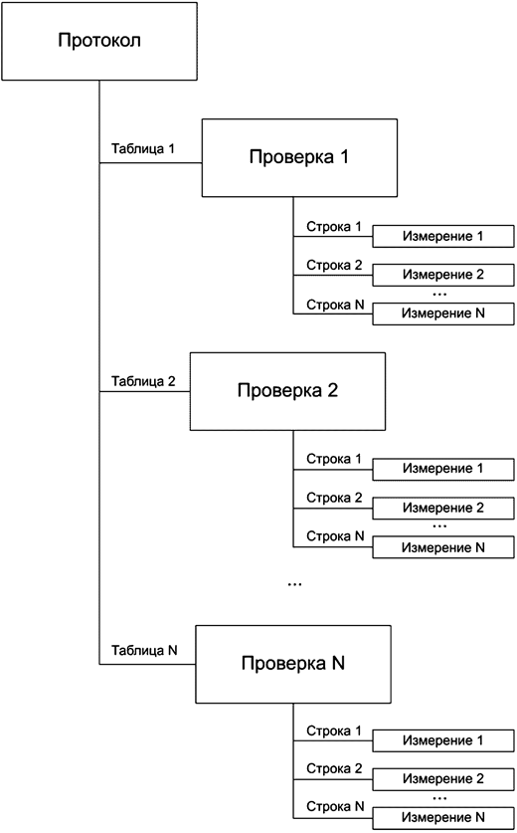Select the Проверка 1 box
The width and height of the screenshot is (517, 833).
click(x=297, y=157)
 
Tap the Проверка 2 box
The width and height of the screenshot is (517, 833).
click(x=288, y=389)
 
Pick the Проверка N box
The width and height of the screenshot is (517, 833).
click(x=294, y=662)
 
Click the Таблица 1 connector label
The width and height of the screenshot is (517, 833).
click(x=143, y=149)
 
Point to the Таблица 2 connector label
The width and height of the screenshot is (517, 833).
click(x=143, y=381)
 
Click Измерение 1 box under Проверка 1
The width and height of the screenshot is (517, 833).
click(x=442, y=237)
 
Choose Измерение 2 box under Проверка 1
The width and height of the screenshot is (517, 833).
click(x=442, y=275)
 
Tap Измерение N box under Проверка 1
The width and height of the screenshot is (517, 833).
click(x=442, y=312)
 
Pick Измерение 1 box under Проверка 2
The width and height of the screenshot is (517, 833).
click(x=442, y=469)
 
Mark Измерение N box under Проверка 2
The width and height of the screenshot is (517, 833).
click(x=442, y=546)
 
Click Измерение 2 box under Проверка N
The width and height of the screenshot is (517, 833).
click(x=442, y=778)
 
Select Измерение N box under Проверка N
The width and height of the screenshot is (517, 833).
click(x=442, y=817)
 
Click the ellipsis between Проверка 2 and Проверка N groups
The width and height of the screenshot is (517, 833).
click(x=295, y=585)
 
